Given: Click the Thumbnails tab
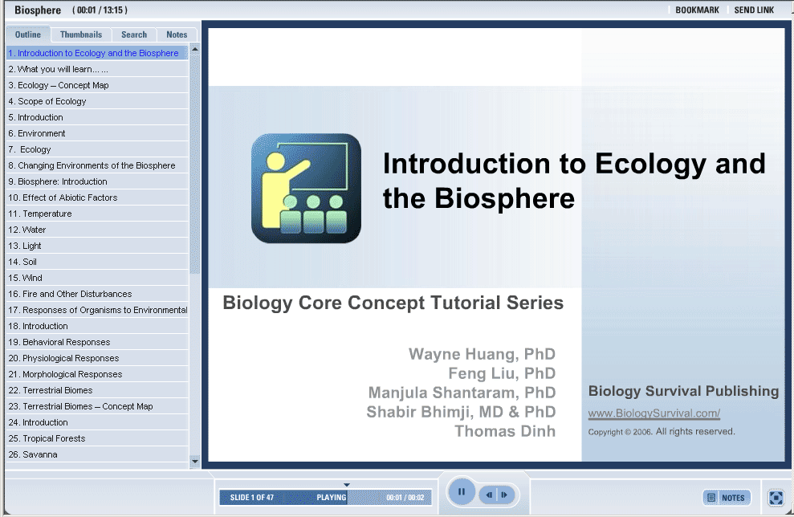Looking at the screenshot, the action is (x=81, y=35).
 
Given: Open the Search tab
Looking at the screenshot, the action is (x=134, y=35).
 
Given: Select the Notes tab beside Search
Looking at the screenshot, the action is (x=177, y=35).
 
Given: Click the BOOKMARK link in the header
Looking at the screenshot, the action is (x=697, y=10).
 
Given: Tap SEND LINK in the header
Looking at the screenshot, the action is (x=754, y=10).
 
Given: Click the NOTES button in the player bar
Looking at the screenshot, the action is (x=727, y=498).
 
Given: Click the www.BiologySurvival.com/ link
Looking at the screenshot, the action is (x=654, y=413).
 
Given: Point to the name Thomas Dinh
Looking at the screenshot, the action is (x=505, y=431).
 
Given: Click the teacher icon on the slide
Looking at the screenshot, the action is (x=307, y=189).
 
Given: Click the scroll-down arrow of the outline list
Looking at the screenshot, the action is (x=195, y=461).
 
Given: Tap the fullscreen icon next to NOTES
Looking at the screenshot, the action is (x=776, y=498).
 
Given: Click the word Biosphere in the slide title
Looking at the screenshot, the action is (x=504, y=198).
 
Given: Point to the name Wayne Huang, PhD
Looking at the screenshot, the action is (x=482, y=354).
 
